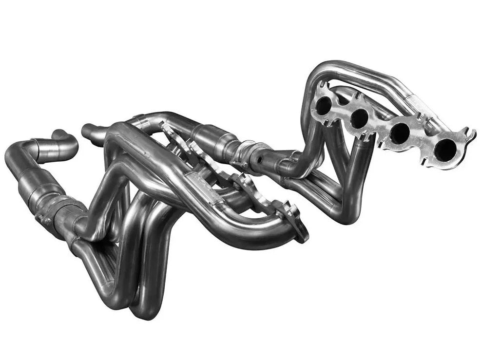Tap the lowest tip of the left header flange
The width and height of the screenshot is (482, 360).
click(x=303, y=238)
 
